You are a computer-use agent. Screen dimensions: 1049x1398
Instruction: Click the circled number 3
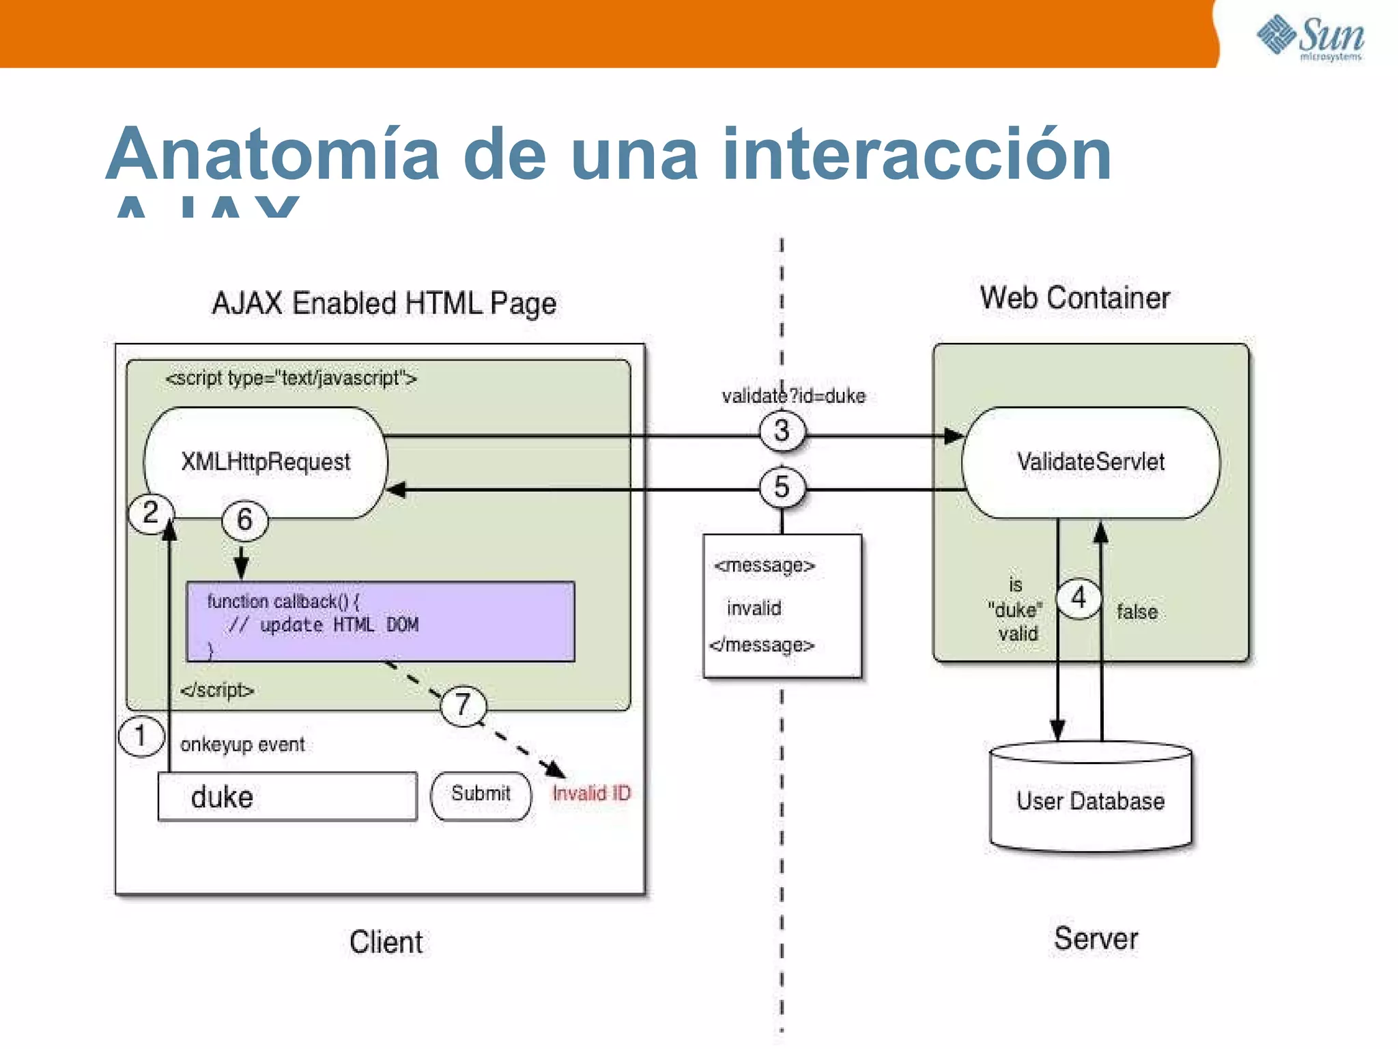coord(782,431)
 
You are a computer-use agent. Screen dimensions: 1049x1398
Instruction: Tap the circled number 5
coord(782,487)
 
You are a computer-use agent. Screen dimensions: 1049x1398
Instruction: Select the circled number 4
coord(1079,598)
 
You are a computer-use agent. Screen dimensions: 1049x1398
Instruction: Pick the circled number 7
coord(463,704)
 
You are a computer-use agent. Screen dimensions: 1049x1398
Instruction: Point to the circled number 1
coord(141,736)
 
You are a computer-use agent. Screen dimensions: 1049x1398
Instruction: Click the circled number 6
coord(244,520)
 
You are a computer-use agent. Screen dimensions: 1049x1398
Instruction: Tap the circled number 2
coord(151,513)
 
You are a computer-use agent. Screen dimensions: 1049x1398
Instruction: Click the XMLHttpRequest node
coord(266,462)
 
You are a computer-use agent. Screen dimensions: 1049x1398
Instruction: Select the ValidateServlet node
coord(1090,462)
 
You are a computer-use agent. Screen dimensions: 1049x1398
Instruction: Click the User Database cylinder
coord(1090,800)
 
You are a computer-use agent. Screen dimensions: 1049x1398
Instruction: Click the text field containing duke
coord(287,796)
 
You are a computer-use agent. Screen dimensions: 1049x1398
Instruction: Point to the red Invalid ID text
coord(591,794)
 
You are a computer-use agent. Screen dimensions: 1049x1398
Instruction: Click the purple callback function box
coord(380,621)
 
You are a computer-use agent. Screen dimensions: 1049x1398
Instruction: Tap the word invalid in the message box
coord(754,608)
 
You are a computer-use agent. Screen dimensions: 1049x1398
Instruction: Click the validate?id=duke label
coord(793,396)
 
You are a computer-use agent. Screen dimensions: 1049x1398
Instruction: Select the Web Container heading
coord(1074,298)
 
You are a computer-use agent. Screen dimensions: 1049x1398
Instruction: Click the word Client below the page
coord(386,942)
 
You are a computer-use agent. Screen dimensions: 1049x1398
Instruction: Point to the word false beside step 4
coord(1137,612)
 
